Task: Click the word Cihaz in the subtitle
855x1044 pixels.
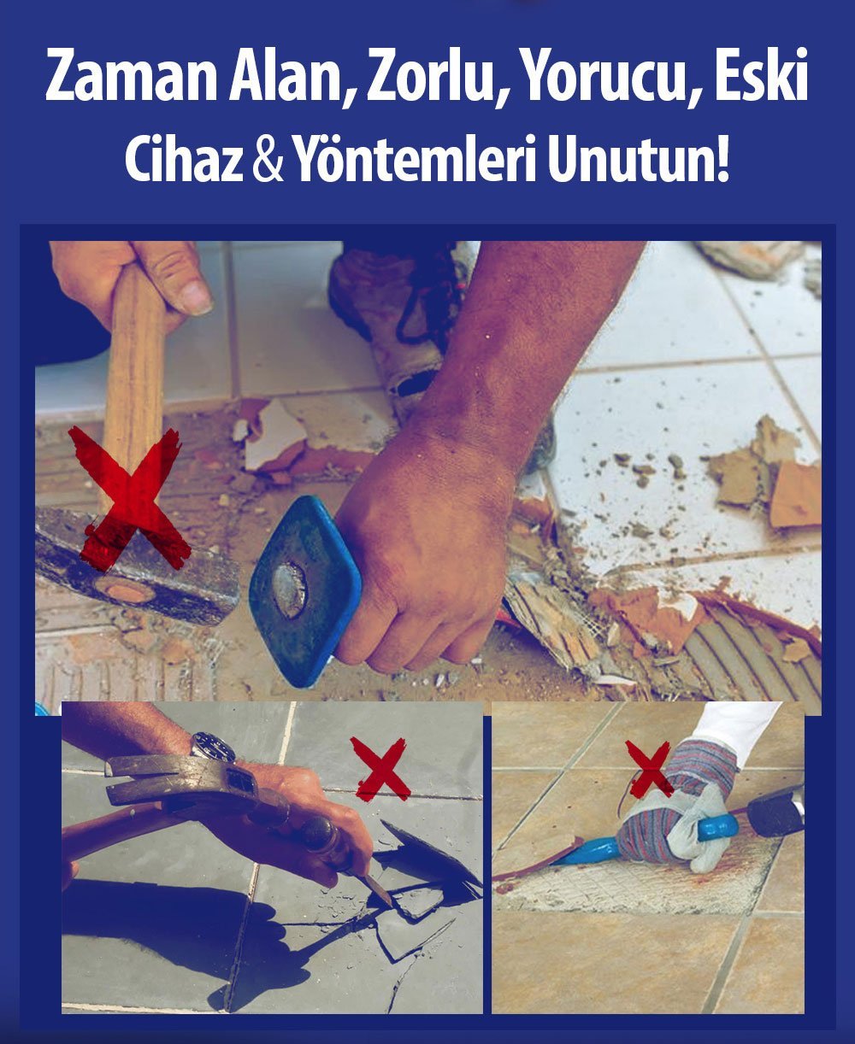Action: point(184,160)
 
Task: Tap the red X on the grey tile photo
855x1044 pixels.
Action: point(380,768)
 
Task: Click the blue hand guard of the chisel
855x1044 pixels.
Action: point(304,589)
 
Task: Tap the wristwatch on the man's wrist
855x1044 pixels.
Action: point(213,747)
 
